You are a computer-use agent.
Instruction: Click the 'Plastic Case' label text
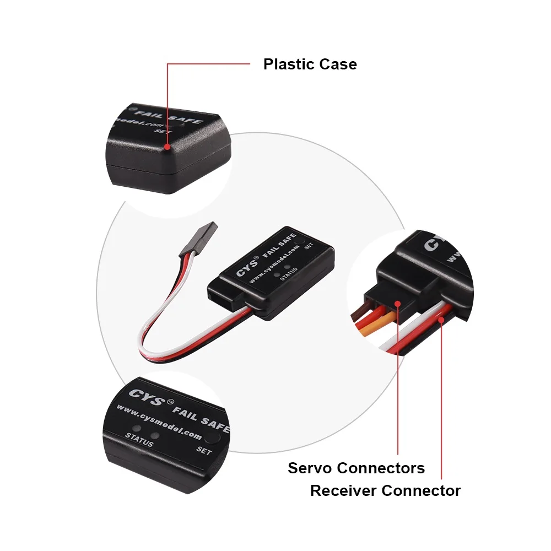click(310, 64)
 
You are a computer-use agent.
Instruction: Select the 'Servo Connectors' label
click(356, 468)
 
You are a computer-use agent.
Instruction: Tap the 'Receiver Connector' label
click(385, 490)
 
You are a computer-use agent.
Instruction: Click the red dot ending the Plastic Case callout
click(168, 147)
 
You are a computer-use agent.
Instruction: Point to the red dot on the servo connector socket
click(397, 303)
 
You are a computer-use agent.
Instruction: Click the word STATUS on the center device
click(288, 274)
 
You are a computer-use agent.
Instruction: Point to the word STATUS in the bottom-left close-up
click(139, 440)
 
